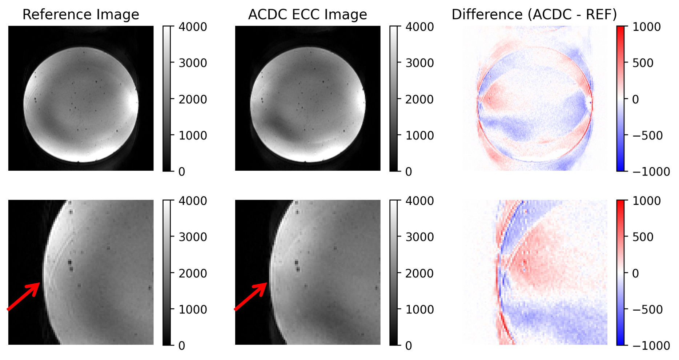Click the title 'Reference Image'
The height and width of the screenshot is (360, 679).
81,15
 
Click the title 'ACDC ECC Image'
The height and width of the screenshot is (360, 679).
308,15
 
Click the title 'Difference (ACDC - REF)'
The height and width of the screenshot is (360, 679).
534,15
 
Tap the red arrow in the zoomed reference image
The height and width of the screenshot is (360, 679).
24,296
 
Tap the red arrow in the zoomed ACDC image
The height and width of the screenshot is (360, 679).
251,296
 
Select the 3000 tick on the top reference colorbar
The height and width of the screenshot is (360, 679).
193,63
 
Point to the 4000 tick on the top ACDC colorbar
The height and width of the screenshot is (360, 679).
420,27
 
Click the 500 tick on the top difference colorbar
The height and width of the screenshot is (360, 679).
643,63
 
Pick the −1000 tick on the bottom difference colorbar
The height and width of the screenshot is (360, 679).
651,345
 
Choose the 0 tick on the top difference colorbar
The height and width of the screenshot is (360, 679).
636,99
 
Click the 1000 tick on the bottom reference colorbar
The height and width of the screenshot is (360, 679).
193,310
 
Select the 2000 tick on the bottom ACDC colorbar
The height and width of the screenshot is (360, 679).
420,273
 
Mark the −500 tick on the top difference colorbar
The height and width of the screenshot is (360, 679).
647,135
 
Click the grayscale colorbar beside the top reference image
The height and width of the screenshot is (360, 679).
167,98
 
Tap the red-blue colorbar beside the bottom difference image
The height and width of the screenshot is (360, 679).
620,272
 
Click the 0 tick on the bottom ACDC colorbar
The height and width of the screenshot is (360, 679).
409,345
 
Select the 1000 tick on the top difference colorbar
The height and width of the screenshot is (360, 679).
647,27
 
